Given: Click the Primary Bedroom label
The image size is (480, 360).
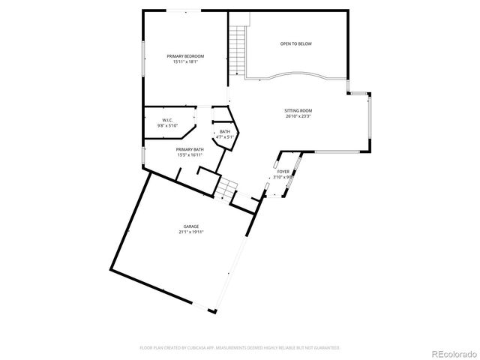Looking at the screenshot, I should (184, 56).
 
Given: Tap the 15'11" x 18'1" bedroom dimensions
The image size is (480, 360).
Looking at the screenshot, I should (184, 62).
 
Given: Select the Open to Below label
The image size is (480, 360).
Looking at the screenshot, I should (296, 44).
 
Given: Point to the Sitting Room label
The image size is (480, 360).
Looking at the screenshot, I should (298, 110).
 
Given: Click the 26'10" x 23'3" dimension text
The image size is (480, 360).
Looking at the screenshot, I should (298, 116).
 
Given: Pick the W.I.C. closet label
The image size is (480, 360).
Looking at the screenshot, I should (167, 121).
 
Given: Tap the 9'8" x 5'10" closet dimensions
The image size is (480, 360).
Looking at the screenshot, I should (167, 126).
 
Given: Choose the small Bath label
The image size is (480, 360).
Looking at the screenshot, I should (225, 132).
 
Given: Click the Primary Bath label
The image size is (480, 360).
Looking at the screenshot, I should (190, 149).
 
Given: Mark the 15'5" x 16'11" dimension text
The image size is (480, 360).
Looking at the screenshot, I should (190, 154).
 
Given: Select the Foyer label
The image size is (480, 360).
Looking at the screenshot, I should (283, 172).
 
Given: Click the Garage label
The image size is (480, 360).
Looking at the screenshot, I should (191, 226).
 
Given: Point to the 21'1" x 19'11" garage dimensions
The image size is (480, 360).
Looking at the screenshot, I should (191, 232).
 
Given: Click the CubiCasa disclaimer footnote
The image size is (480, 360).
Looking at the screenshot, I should (240, 348).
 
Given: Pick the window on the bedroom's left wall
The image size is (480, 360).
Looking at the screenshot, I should (143, 58).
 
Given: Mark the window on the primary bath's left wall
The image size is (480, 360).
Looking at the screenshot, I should (143, 155).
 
